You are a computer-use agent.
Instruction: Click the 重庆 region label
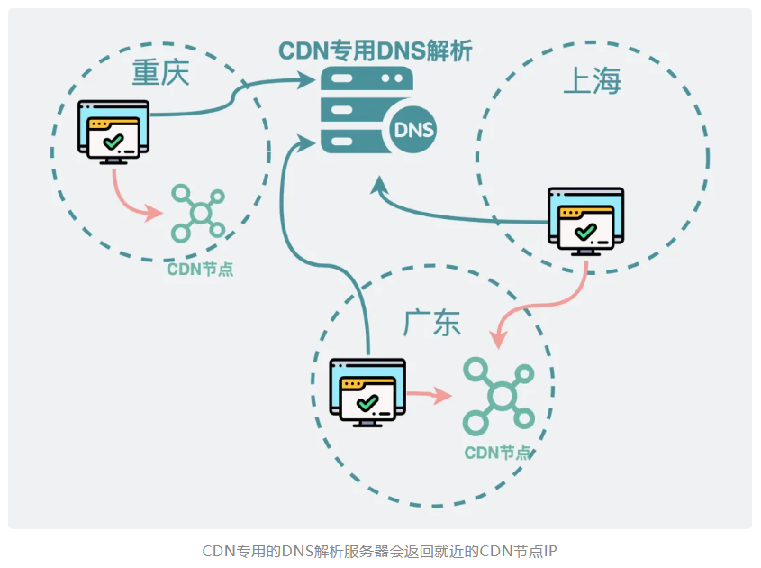pyautogui.click(x=160, y=73)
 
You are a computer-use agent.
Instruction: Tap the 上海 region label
pyautogui.click(x=592, y=80)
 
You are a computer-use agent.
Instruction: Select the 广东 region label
pyautogui.click(x=431, y=323)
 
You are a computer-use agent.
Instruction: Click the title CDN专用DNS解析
pyautogui.click(x=376, y=51)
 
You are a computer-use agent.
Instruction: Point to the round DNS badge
pyautogui.click(x=413, y=130)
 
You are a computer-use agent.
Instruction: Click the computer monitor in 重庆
pyautogui.click(x=113, y=133)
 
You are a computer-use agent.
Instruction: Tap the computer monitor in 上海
pyautogui.click(x=585, y=222)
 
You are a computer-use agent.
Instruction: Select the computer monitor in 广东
pyautogui.click(x=367, y=392)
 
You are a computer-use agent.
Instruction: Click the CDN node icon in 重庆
pyautogui.click(x=198, y=214)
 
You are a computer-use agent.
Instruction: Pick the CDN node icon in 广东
pyautogui.click(x=499, y=396)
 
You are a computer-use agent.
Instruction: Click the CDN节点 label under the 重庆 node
pyautogui.click(x=200, y=270)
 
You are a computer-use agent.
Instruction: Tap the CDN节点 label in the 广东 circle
pyautogui.click(x=497, y=453)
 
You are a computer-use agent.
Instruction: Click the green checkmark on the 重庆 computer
pyautogui.click(x=113, y=142)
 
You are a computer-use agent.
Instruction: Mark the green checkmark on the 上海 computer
pyautogui.click(x=585, y=232)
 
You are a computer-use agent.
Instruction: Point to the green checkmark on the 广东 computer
pyautogui.click(x=367, y=403)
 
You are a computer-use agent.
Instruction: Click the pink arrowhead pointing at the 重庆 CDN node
pyautogui.click(x=154, y=213)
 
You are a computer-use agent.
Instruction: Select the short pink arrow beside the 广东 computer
pyautogui.click(x=429, y=395)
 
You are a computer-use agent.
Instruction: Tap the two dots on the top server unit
pyautogui.click(x=392, y=78)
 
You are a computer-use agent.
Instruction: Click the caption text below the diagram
pyautogui.click(x=379, y=552)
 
